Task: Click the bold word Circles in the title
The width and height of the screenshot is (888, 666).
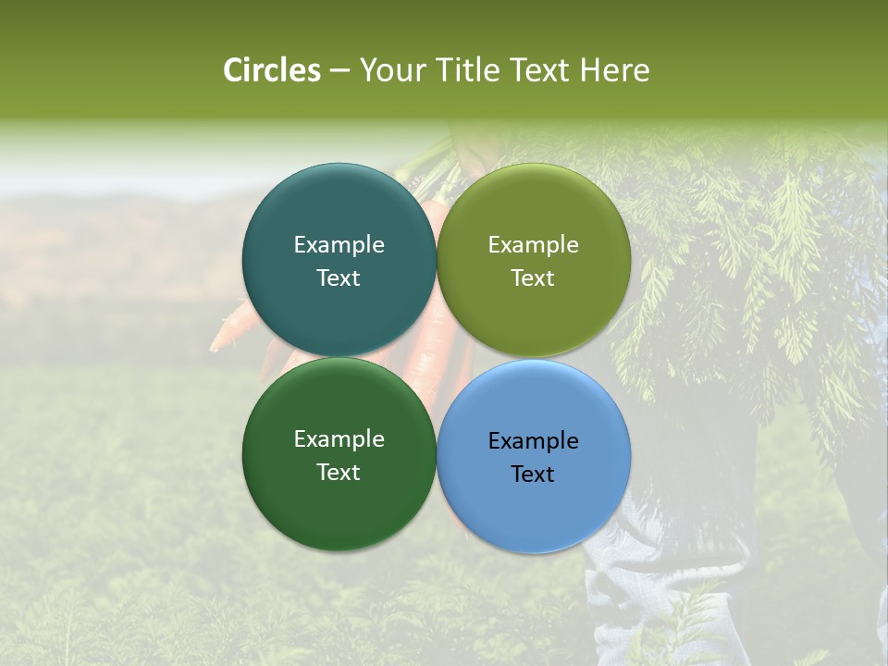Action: pyautogui.click(x=272, y=70)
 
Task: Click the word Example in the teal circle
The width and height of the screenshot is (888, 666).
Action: pyautogui.click(x=339, y=244)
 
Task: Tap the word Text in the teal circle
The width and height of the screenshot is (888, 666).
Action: pyautogui.click(x=339, y=277)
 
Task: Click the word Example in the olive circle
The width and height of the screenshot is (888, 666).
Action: pyautogui.click(x=533, y=244)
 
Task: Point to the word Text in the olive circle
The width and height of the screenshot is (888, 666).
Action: pyautogui.click(x=533, y=277)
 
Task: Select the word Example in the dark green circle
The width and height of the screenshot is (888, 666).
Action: pyautogui.click(x=339, y=438)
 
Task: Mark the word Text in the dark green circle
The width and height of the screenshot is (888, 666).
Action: pyautogui.click(x=339, y=472)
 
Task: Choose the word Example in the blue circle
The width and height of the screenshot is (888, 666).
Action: pyautogui.click(x=533, y=440)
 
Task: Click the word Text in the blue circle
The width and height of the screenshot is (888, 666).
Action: pyautogui.click(x=533, y=474)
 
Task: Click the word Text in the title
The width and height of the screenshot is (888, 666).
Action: pyautogui.click(x=540, y=70)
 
